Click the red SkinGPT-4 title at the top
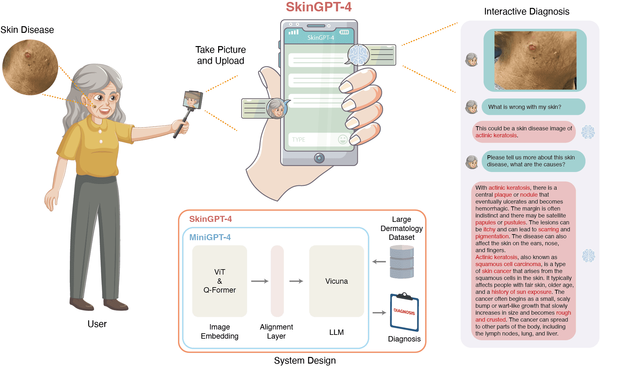[318, 7]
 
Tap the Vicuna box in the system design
[336, 281]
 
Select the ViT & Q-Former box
[219, 281]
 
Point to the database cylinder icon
[402, 262]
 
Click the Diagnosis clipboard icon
[404, 312]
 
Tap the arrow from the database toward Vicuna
[379, 262]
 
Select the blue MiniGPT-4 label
[210, 237]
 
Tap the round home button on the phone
[319, 158]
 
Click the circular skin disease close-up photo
[30, 67]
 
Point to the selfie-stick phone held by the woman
[193, 100]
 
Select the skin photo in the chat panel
[535, 60]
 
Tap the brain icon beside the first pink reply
[588, 132]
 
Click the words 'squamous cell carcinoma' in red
[508, 264]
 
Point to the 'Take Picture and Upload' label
[220, 55]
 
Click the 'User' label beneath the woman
[97, 324]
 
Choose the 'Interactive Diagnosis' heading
[527, 12]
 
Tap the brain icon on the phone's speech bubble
[358, 55]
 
